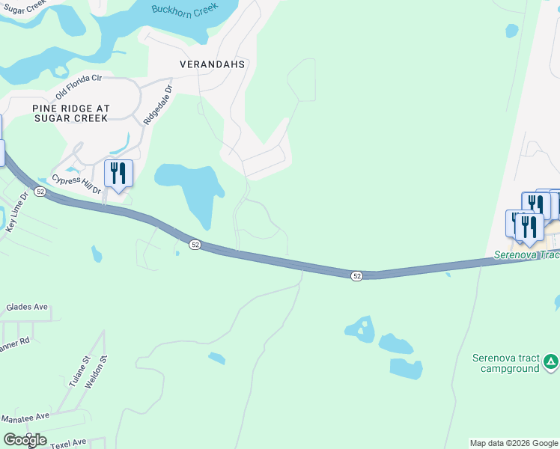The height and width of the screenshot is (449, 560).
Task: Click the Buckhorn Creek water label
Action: click(184, 9)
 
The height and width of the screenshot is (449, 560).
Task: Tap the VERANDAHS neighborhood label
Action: click(213, 65)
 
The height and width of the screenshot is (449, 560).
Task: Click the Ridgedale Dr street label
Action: click(157, 104)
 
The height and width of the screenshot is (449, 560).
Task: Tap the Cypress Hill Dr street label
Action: click(76, 184)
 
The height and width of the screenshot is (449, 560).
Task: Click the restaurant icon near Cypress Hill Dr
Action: click(118, 174)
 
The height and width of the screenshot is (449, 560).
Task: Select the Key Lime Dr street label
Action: click(16, 214)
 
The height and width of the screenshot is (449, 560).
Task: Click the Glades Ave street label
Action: click(26, 307)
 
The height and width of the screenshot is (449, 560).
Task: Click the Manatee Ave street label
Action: click(25, 415)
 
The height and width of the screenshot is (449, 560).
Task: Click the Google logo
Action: click(25, 440)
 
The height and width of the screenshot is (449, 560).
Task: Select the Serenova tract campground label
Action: click(506, 363)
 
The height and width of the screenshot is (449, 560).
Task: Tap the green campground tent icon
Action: click(551, 362)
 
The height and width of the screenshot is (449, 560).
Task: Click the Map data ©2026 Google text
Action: click(513, 443)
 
